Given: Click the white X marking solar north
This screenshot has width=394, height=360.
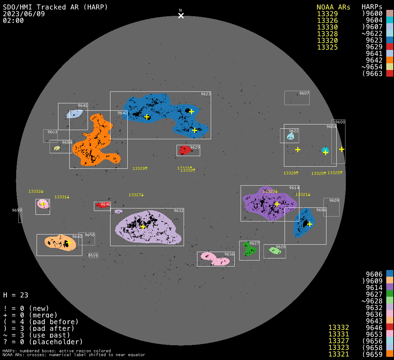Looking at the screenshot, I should click(x=181, y=15).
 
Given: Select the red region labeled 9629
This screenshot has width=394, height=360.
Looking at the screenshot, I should click(x=184, y=150).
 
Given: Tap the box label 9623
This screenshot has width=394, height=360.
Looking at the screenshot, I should click(x=206, y=94).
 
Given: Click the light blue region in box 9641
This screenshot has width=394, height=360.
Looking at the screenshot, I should click(x=75, y=114).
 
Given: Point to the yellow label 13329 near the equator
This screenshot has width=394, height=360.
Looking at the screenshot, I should click(x=140, y=168).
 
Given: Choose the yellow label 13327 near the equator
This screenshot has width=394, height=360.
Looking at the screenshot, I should click(x=136, y=195).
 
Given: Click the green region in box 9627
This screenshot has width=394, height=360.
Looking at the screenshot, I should click(x=250, y=250).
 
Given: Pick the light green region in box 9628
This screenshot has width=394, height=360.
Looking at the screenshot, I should click(x=274, y=250).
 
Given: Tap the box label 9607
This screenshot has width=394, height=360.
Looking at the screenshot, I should click(x=304, y=93).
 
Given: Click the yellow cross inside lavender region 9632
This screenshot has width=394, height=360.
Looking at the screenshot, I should click(x=143, y=227).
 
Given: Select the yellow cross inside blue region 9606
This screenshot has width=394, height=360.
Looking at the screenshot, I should click(x=310, y=224).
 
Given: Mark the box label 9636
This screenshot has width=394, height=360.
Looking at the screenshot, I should click(x=229, y=254).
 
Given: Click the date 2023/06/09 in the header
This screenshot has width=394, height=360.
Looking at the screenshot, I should click(x=24, y=14).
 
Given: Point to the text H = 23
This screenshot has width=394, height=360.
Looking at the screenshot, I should click(x=15, y=295).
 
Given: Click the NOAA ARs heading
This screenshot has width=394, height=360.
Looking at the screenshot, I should click(x=333, y=7).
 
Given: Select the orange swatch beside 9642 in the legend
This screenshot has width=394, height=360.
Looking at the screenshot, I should click(x=389, y=60).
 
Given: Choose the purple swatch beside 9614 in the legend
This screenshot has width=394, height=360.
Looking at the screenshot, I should click(x=389, y=288).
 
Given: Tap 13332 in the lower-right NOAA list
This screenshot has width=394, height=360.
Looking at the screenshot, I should click(x=338, y=328).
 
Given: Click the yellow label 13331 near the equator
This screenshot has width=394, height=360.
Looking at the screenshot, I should click(x=62, y=197).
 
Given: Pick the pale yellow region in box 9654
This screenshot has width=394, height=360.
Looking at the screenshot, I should click(x=57, y=148).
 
